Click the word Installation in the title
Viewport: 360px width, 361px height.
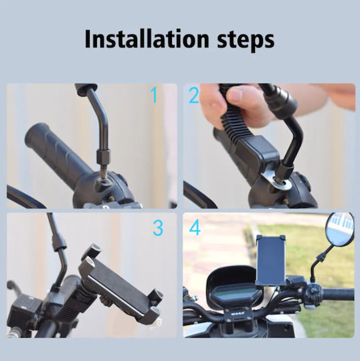tap(147, 39)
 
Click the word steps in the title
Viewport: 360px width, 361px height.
tap(246, 41)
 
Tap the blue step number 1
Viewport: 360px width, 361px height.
tap(154, 95)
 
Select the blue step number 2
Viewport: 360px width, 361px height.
tap(194, 96)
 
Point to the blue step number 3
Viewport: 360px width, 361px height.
tap(158, 228)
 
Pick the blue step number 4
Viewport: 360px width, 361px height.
tap(195, 228)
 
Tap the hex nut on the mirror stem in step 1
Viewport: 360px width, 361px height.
tap(104, 157)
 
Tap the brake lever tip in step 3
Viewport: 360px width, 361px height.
tap(11, 285)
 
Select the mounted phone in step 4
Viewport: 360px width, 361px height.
tap(271, 260)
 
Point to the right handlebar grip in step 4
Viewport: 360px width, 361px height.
tap(338, 294)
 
